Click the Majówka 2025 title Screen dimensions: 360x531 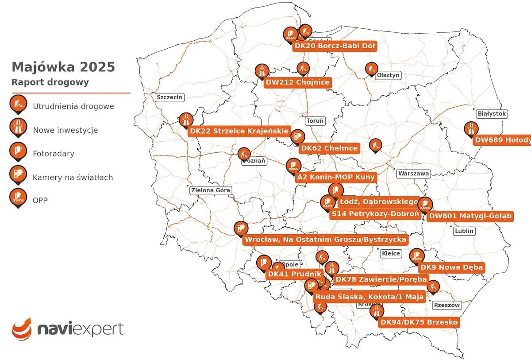tap(63, 67)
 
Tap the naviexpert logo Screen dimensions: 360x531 tap(68, 329)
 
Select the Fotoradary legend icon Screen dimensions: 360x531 tap(18, 152)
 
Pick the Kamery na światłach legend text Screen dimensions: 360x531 tap(73, 178)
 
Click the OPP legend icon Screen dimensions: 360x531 tap(18, 198)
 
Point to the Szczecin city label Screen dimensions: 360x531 tap(169, 97)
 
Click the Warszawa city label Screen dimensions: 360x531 tap(413, 174)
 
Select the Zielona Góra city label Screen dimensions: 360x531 tap(211, 190)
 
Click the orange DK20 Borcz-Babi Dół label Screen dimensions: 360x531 tap(335, 46)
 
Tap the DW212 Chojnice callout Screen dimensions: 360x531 tap(297, 82)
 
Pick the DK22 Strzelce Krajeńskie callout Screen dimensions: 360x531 tap(239, 131)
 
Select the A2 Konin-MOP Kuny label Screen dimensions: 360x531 tap(336, 177)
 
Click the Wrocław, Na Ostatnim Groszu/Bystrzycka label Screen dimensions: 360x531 tap(325, 240)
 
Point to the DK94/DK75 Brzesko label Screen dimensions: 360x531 tap(419, 322)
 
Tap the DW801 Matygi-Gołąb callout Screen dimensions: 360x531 tap(470, 216)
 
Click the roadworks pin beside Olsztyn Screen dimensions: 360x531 tap(371, 69)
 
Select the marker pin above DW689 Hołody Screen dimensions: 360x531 tap(470, 129)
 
